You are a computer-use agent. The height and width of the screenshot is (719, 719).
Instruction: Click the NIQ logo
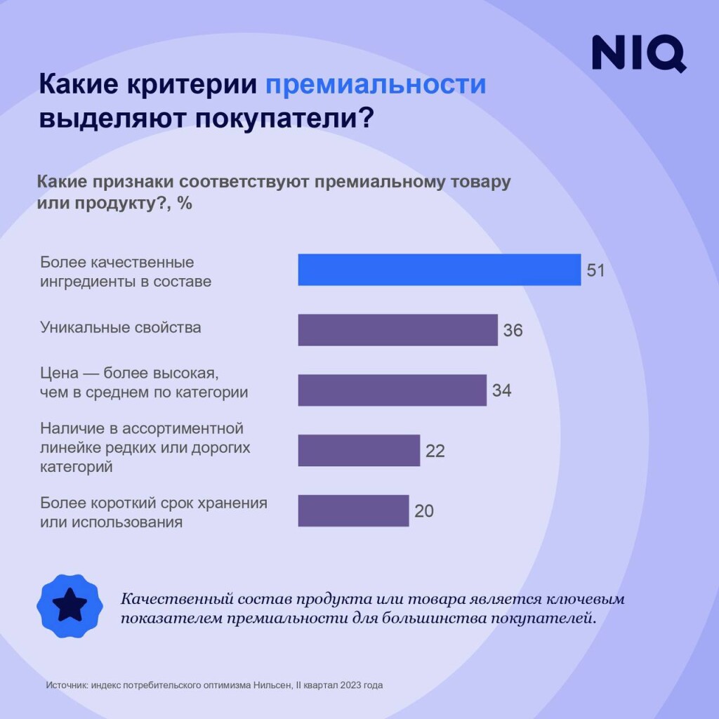tap(638, 53)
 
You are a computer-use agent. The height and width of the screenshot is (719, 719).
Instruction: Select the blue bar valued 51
tap(439, 270)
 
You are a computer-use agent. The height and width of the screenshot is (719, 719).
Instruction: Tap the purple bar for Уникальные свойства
tap(397, 330)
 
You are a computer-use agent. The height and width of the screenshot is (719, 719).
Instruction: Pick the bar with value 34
tap(392, 390)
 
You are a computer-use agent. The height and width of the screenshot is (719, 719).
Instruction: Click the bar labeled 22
tap(359, 450)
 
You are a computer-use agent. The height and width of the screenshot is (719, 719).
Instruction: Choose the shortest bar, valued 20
tap(353, 510)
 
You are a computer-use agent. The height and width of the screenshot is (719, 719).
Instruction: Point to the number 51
tap(595, 270)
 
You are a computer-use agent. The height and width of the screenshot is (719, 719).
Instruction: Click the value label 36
tap(513, 330)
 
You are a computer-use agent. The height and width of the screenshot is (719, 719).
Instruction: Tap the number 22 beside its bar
tap(435, 451)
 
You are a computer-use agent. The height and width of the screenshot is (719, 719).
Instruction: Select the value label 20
tap(423, 511)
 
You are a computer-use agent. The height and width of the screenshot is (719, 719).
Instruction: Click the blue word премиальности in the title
tap(376, 84)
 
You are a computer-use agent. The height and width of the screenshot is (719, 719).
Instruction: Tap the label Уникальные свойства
tap(120, 327)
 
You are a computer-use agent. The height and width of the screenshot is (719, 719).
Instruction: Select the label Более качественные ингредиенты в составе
tap(125, 272)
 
